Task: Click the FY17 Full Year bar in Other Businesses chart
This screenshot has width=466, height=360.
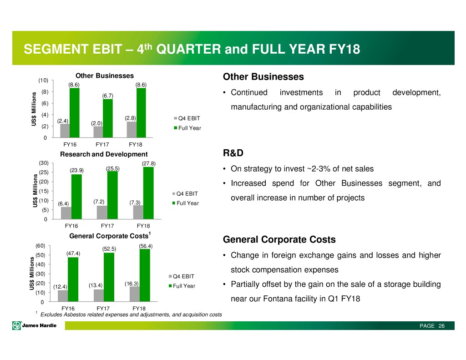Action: tap(108, 118)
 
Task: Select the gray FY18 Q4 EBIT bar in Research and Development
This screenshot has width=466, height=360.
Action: tap(138, 212)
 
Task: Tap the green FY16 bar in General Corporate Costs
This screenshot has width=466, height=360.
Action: tap(73, 279)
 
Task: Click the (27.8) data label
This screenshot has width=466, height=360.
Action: tap(149, 163)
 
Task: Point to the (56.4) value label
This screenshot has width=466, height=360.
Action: tap(146, 246)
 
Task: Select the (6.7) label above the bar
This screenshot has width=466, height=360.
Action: tap(108, 96)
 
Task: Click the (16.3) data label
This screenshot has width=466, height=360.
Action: tap(132, 284)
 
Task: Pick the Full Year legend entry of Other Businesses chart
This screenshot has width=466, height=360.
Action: tap(187, 128)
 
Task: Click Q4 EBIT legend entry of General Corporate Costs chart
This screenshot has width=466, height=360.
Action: tap(182, 276)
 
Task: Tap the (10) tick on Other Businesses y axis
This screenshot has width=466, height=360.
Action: tap(43, 80)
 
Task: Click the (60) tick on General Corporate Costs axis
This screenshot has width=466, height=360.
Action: tap(41, 246)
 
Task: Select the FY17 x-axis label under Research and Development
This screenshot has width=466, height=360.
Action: tap(107, 226)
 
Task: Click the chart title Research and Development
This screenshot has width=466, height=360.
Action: tap(104, 154)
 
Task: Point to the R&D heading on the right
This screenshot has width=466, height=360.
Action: tap(233, 153)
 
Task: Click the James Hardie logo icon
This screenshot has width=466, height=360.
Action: tap(16, 326)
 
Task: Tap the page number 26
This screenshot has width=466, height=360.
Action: tap(441, 326)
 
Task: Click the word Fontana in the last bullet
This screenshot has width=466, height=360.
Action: tap(274, 299)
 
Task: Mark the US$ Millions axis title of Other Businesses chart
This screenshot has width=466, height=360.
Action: tap(34, 109)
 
